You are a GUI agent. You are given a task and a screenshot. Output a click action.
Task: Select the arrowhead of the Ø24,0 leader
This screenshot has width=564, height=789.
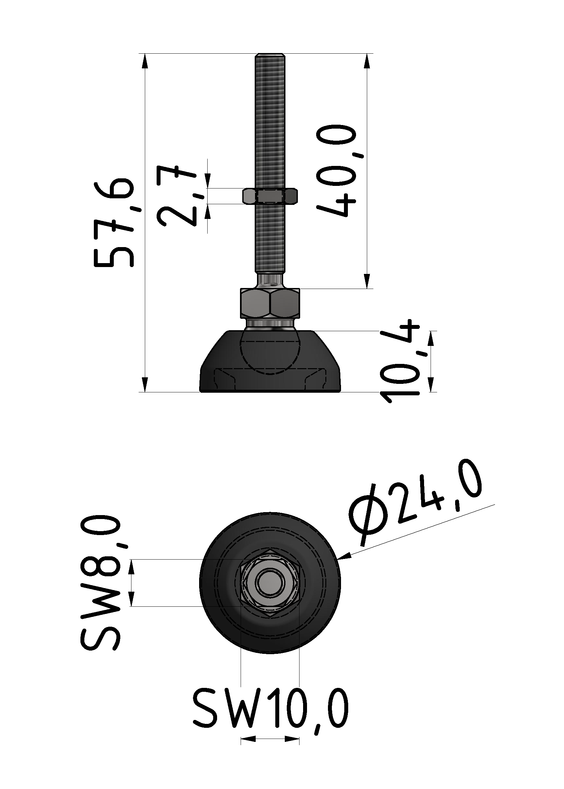click(344, 559)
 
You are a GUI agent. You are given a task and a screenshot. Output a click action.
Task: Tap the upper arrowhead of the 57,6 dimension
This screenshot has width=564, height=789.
click(145, 61)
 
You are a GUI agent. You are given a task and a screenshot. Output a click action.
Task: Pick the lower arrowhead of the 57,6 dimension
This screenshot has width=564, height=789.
click(145, 385)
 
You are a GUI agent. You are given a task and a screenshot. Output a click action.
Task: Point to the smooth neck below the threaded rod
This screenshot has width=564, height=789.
click(270, 280)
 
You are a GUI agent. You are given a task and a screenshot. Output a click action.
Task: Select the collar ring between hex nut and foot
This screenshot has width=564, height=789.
click(270, 324)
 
